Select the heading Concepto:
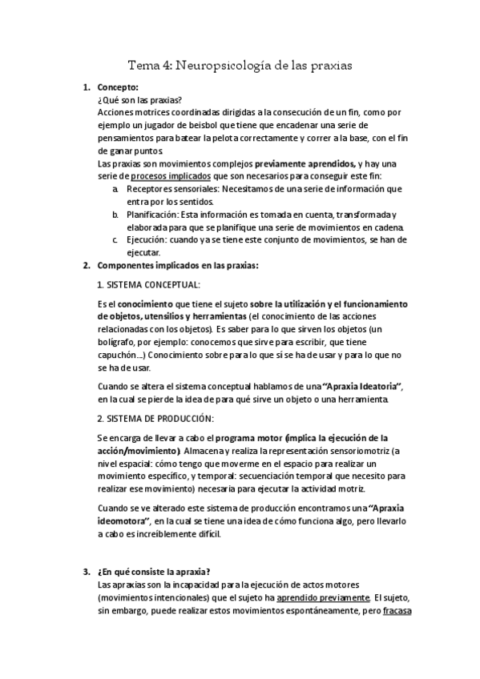(118, 87)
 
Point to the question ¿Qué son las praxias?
(139, 100)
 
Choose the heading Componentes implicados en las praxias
(178, 266)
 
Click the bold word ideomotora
(124, 521)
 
